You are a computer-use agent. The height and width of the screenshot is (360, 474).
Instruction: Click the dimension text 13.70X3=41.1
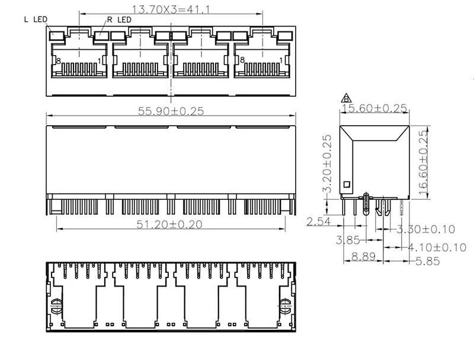tap(171, 9)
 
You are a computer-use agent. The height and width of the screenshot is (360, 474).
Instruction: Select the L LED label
tap(36, 20)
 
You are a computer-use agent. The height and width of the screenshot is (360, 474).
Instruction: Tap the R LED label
tap(120, 20)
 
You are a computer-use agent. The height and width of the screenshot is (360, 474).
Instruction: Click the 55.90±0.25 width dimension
tap(171, 111)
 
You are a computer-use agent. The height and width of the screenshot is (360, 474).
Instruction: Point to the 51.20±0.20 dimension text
tap(169, 224)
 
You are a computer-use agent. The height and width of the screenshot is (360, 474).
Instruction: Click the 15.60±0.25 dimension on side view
tap(374, 108)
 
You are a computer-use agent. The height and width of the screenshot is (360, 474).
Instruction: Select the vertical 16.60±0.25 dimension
tap(424, 163)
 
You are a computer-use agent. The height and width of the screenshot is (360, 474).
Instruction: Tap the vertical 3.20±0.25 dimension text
tap(327, 164)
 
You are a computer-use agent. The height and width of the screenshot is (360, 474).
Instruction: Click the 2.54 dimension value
tap(319, 221)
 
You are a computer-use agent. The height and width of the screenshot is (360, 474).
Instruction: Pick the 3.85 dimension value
tap(348, 240)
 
